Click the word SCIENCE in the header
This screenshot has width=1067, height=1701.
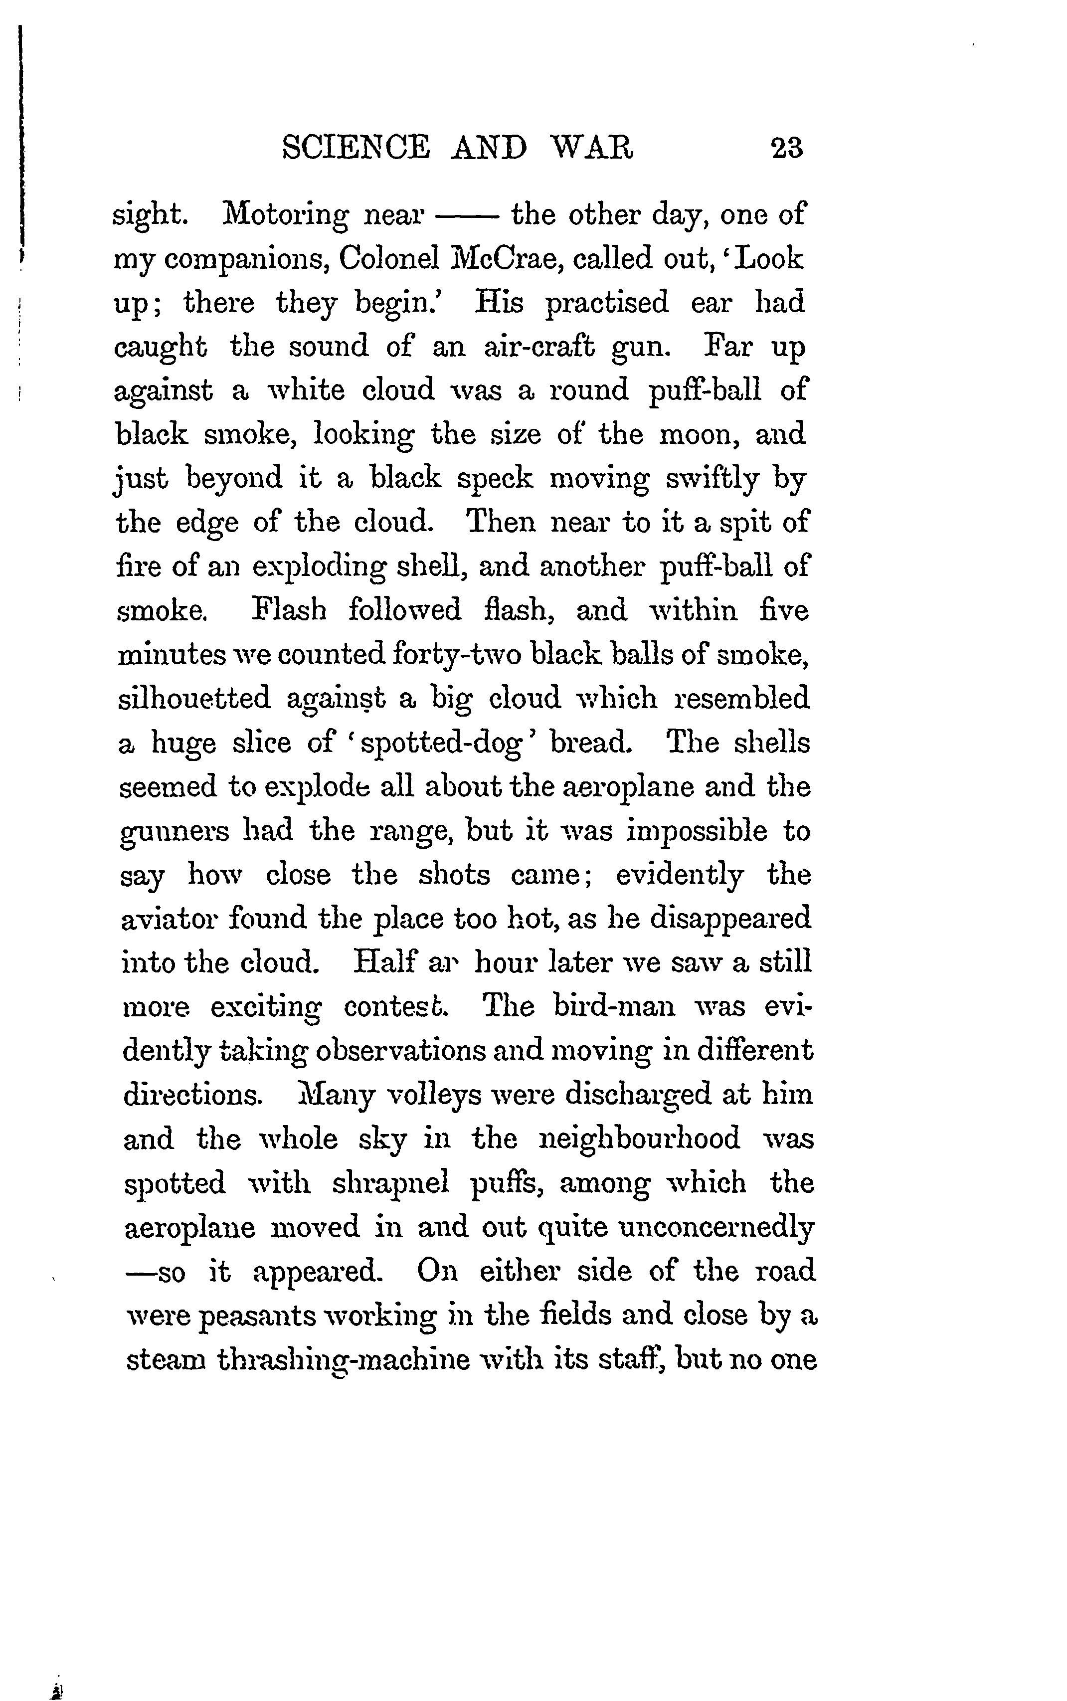tap(356, 148)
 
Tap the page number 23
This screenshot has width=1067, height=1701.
tap(787, 148)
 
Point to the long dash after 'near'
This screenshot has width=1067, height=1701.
tap(468, 216)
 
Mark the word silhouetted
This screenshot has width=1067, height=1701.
tap(194, 699)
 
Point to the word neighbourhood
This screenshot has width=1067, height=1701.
tap(639, 1138)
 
